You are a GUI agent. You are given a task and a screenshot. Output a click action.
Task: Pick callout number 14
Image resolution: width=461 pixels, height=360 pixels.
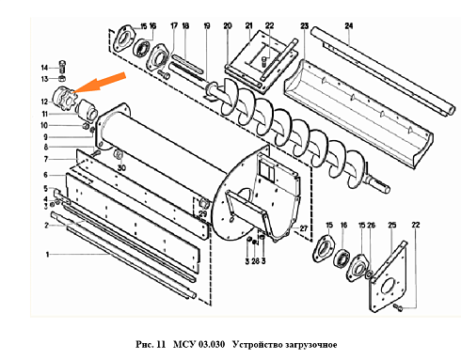coord(43,67)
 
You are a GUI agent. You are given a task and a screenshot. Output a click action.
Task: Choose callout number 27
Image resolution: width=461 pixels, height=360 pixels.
coord(302,228)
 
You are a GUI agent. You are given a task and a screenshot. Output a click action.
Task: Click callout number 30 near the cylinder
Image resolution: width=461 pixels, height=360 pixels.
coord(120,166)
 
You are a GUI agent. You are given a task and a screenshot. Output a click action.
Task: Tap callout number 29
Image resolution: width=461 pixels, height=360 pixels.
coord(200,215)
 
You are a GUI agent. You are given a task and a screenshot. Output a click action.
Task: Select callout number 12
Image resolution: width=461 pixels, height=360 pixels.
coord(43,101)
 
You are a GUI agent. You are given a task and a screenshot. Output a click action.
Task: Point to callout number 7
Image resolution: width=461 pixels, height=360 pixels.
coord(44,159)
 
